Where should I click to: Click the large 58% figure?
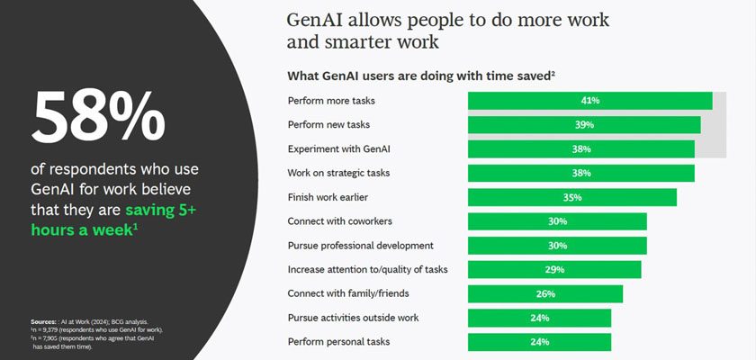pos(98,117)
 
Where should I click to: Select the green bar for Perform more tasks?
pos(590,101)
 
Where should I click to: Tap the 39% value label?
pos(584,125)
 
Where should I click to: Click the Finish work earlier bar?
pos(572,197)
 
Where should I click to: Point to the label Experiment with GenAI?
pos(339,148)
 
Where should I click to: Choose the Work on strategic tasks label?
pos(338,173)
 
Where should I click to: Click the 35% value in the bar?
pos(572,197)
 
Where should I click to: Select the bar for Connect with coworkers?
pos(557,221)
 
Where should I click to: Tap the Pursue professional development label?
pos(361,246)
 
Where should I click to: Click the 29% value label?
pos(554,269)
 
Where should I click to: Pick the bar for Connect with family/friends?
pos(545,293)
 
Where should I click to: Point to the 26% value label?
pos(545,293)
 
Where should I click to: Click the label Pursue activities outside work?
pos(354,318)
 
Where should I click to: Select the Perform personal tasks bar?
pos(539,342)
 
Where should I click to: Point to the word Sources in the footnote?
pos(43,321)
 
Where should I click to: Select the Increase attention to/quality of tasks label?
pos(368,269)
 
